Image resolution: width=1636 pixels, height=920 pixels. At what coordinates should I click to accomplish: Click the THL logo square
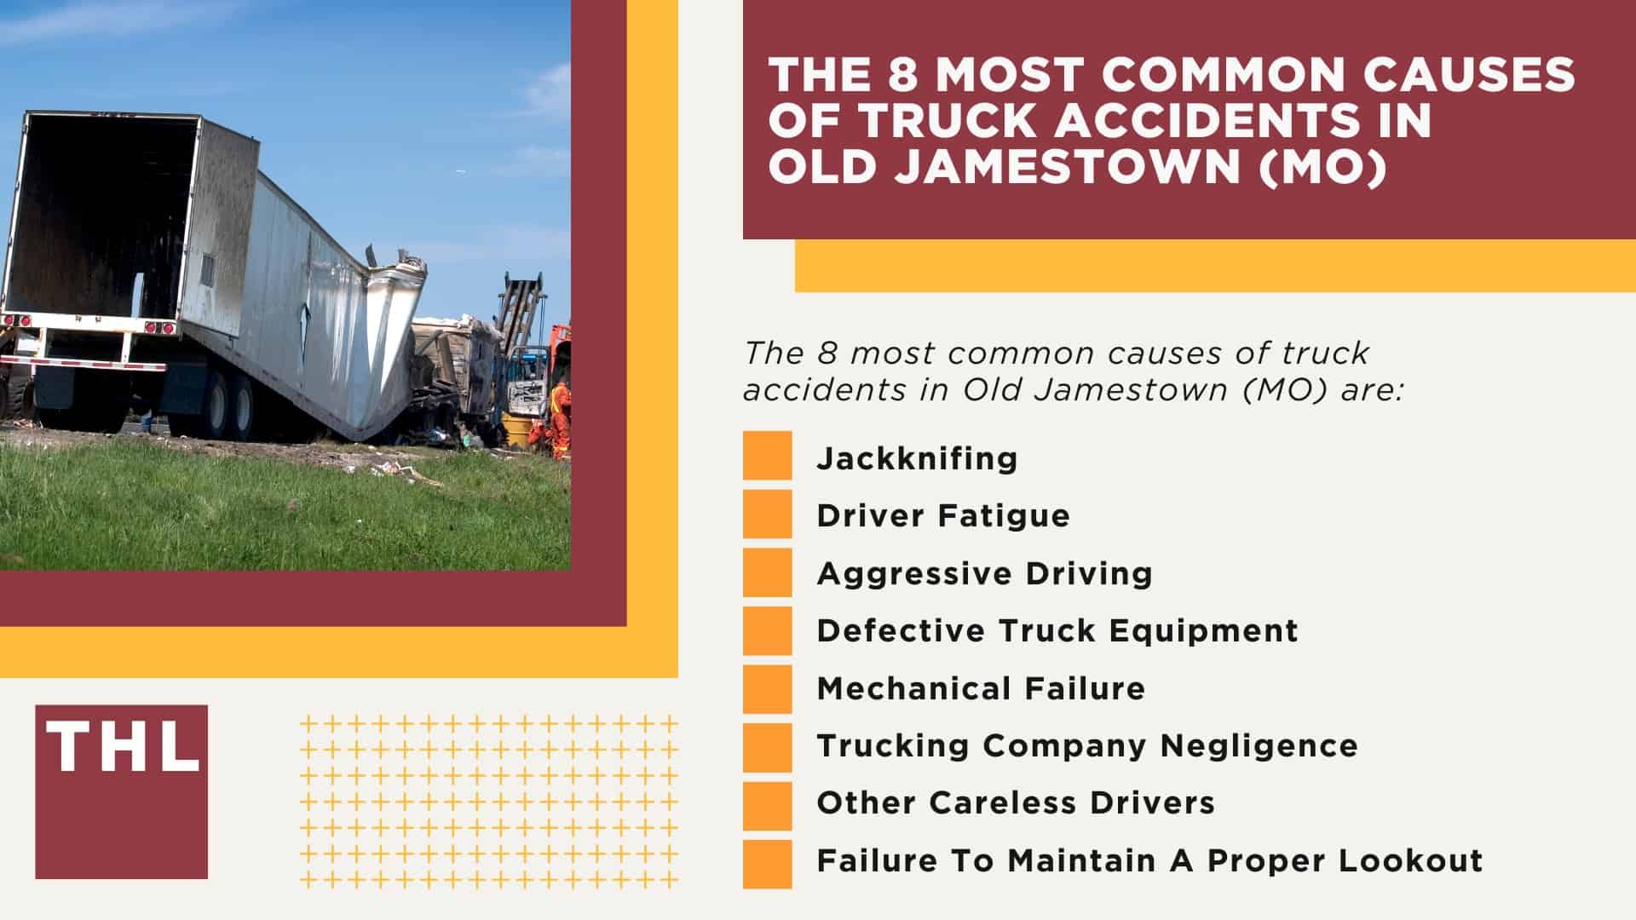click(121, 791)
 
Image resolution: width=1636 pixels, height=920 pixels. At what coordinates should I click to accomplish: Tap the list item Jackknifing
click(917, 458)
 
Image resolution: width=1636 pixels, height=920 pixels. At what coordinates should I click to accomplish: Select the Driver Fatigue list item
click(942, 515)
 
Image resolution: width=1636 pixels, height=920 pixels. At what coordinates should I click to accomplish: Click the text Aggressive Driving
click(984, 573)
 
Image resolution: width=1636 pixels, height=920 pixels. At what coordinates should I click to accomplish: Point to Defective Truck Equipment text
click(1057, 630)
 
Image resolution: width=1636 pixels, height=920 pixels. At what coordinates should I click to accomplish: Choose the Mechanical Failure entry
click(981, 688)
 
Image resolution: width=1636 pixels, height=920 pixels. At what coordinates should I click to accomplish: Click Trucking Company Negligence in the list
click(1086, 745)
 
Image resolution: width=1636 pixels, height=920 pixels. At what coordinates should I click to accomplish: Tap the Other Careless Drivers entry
click(1016, 802)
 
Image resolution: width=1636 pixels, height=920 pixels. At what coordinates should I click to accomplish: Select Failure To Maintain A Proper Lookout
click(1149, 860)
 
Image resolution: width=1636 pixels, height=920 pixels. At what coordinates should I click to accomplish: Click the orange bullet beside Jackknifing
click(767, 456)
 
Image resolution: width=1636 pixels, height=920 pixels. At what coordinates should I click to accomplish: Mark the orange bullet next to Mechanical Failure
click(767, 688)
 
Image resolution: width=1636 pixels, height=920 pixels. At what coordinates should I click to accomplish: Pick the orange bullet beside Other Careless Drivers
click(767, 805)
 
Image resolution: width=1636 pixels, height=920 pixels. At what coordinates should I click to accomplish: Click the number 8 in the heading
click(903, 76)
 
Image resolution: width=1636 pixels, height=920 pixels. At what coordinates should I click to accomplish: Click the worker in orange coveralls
click(560, 417)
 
